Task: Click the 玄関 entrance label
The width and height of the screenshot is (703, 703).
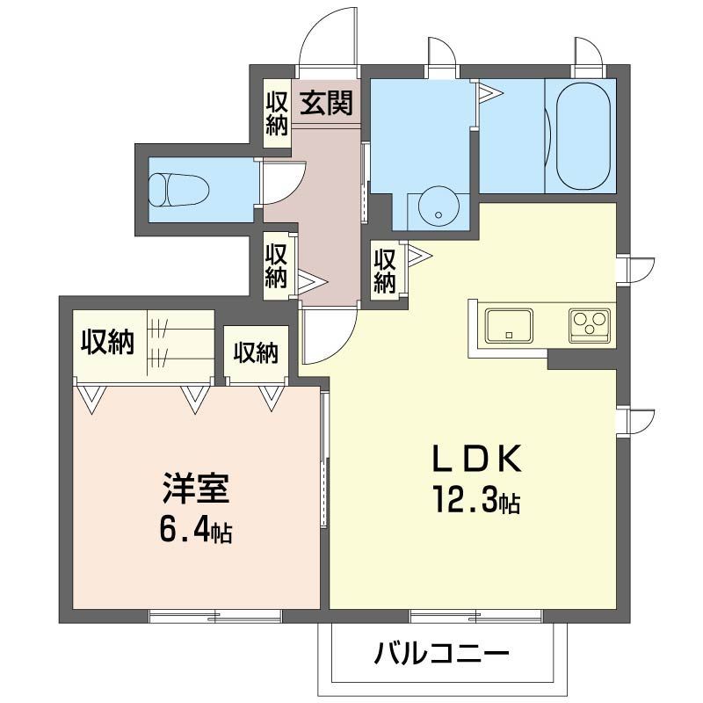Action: coord(328,104)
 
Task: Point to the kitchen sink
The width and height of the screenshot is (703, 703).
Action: coord(508,324)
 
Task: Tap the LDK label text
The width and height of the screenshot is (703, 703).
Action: coord(478,458)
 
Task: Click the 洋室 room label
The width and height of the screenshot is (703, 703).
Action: coord(195,489)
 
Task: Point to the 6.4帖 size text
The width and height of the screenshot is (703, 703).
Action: coord(196,531)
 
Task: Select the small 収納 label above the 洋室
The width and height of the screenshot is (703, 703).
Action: coord(256,352)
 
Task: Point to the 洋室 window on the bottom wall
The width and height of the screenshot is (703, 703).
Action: coord(215,615)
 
